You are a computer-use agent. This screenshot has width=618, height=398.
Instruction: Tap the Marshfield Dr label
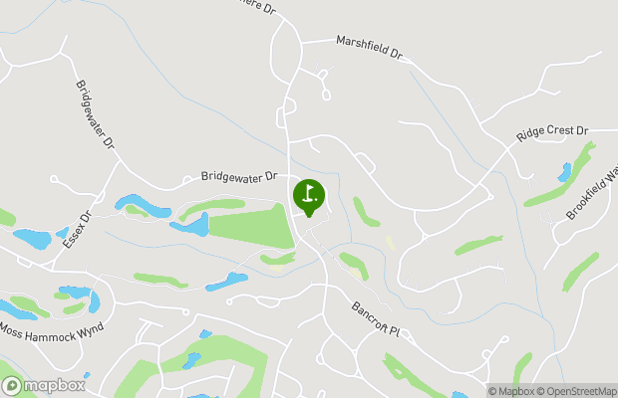[367, 46]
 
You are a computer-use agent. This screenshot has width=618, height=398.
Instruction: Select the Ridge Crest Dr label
[553, 132]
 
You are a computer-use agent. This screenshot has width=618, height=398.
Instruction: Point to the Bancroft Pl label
[375, 320]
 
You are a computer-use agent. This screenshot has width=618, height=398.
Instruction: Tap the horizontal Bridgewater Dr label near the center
[238, 176]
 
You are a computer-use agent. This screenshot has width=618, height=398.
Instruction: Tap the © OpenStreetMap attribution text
[579, 390]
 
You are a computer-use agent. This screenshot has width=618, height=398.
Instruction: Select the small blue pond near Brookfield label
[565, 172]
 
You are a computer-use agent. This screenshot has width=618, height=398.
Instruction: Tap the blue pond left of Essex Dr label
[32, 239]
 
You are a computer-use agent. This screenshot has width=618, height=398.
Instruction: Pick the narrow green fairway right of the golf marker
[365, 210]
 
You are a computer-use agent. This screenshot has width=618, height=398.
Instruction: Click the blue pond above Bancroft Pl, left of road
[227, 281]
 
